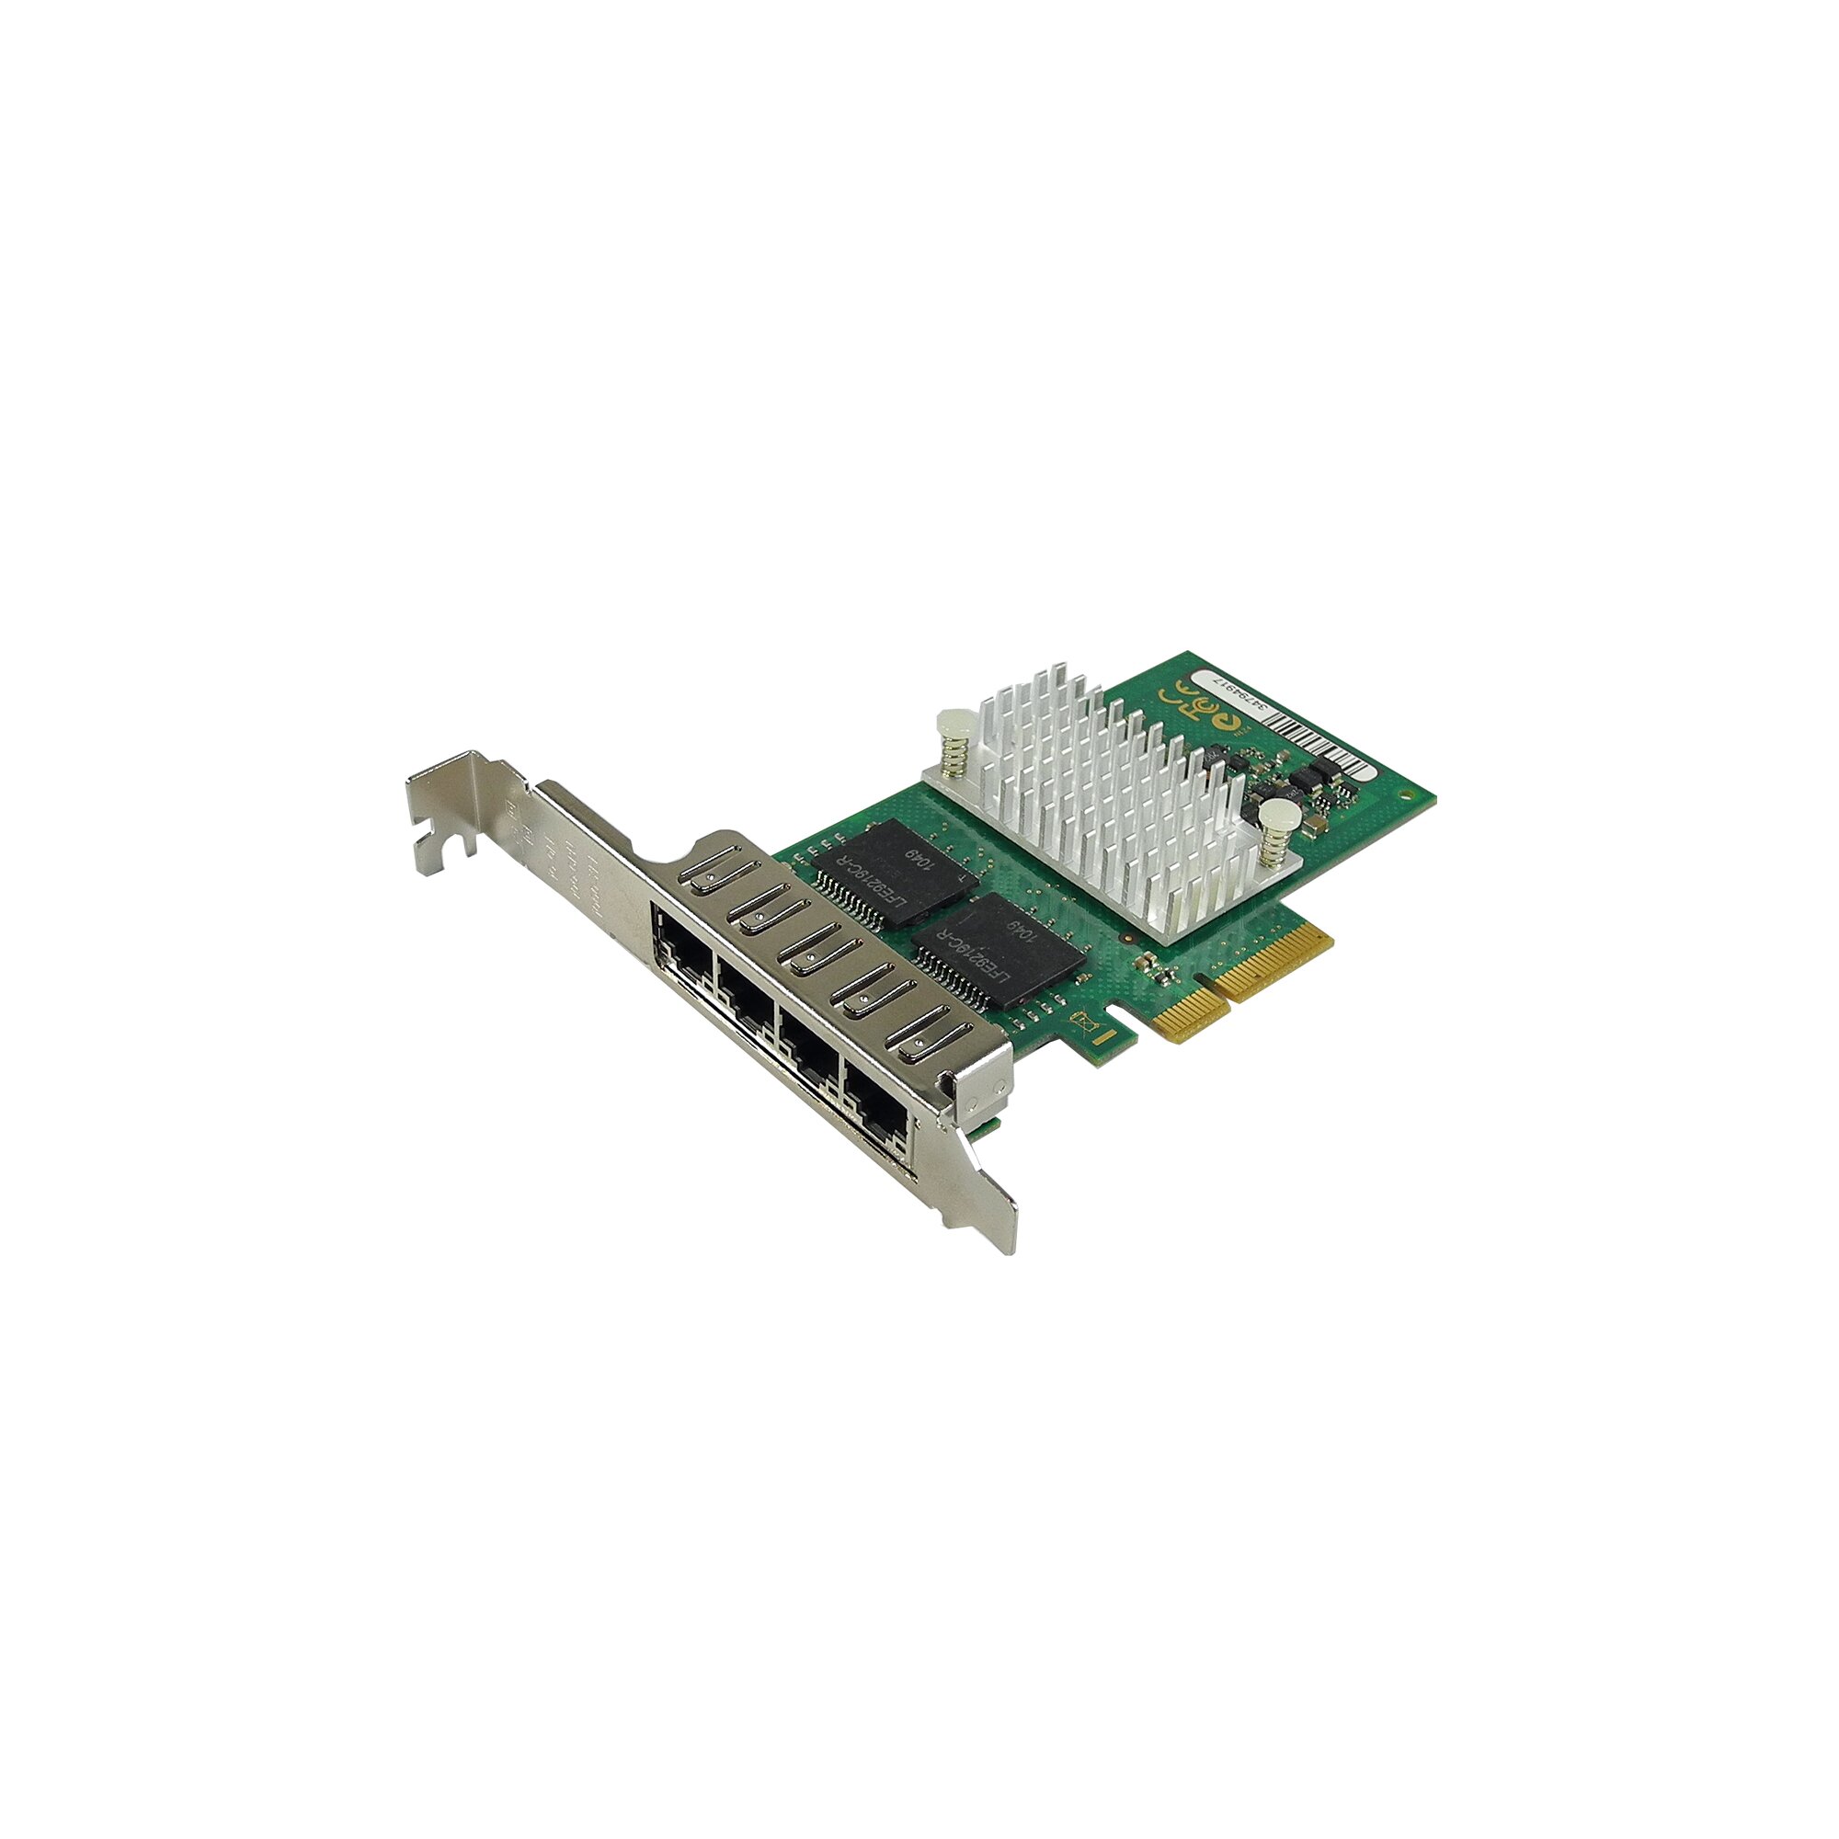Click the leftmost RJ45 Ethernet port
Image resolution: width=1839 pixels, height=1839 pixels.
coord(681,947)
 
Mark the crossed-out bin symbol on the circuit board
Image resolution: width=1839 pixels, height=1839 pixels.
coord(1084,1025)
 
